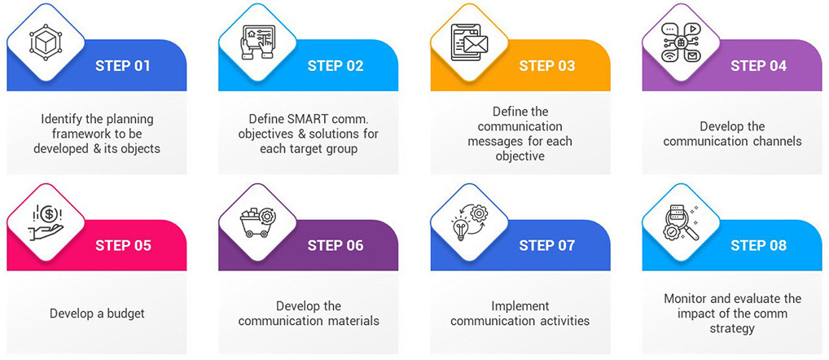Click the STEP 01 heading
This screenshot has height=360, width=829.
(123, 65)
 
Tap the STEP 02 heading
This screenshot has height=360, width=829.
(336, 65)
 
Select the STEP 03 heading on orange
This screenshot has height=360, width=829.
(546, 65)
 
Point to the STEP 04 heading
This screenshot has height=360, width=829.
(759, 65)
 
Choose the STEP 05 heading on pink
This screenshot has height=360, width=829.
(123, 245)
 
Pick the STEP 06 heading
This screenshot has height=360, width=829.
(336, 245)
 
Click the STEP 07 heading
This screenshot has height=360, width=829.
(546, 245)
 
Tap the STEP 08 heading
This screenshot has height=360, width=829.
(759, 245)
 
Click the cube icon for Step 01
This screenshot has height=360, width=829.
(46, 42)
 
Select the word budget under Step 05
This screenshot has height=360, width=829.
(125, 314)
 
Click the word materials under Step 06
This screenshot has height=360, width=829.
(356, 321)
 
